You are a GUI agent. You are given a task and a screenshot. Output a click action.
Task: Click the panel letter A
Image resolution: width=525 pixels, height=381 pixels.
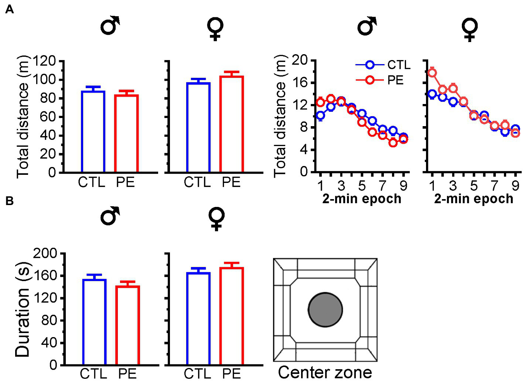coord(9,9)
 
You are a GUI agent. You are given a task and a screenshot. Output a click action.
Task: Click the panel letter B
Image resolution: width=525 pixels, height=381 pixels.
coord(9,201)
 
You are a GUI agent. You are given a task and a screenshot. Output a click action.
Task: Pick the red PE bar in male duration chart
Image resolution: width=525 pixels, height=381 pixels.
coord(127,325)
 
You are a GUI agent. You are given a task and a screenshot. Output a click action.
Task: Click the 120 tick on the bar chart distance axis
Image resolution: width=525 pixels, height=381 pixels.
coord(45,61)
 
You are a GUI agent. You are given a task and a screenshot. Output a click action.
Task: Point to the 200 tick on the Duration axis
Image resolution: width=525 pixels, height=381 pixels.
coord(45,253)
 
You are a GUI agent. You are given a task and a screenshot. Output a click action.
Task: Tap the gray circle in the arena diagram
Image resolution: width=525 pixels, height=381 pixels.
coord(325,310)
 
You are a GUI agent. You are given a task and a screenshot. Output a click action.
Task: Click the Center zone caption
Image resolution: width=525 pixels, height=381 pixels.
coord(325,373)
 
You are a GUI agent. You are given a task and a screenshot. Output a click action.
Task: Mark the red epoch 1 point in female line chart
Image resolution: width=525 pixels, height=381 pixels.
coord(432,72)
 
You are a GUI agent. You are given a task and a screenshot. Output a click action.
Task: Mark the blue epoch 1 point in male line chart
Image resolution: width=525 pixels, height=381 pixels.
coord(320,115)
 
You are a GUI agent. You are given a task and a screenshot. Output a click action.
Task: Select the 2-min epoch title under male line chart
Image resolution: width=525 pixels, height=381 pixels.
coord(362,199)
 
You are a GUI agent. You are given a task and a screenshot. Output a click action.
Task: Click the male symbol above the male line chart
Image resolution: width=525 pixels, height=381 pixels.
coord(367,26)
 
